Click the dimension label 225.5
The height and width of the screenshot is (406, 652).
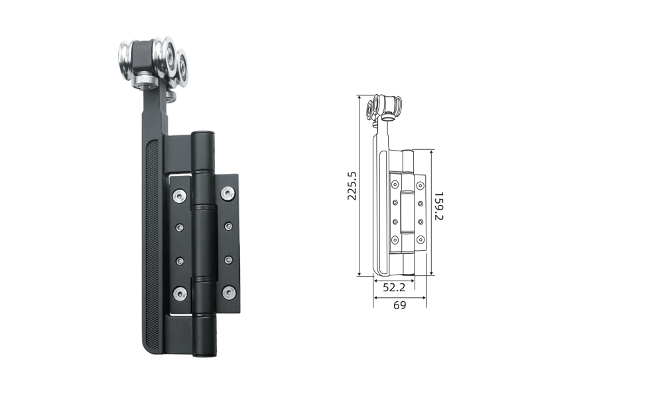[x=352, y=186]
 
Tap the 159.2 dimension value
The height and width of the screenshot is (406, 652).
[x=438, y=206]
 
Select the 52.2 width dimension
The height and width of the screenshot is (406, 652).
[x=394, y=287]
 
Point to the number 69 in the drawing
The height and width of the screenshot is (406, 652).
[x=399, y=305]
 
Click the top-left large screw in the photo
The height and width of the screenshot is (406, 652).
[x=179, y=196]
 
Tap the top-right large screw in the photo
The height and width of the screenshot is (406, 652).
[x=228, y=193]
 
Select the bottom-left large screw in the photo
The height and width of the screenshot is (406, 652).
[x=180, y=294]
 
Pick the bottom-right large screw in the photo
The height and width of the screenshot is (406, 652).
[x=229, y=293]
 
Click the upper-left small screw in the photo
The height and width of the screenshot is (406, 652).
[x=180, y=228]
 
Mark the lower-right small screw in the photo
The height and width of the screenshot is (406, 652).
[x=229, y=260]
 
